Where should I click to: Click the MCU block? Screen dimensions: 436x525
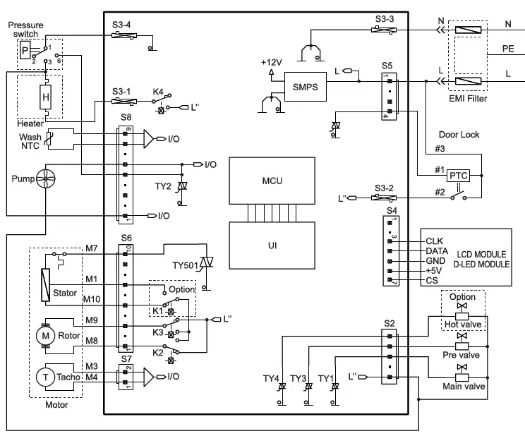(x=267, y=181)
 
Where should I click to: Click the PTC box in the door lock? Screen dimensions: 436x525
(x=459, y=174)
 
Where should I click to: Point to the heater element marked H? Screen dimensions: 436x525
(x=46, y=97)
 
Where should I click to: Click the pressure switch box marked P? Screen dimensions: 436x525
(x=25, y=50)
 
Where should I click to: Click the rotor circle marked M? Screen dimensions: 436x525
(x=46, y=337)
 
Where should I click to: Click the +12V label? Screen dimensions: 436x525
(x=271, y=62)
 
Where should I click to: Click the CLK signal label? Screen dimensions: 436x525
(x=435, y=241)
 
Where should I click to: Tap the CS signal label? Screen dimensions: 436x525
(x=431, y=280)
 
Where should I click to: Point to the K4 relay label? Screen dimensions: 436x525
(x=159, y=92)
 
